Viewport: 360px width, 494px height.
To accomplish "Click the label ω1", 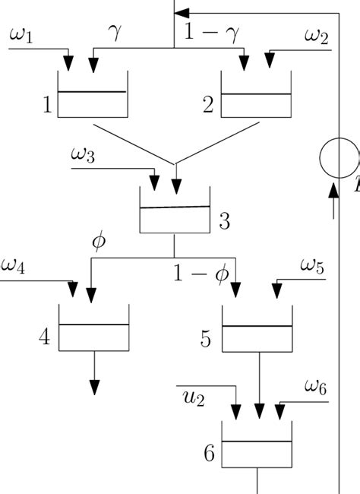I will pos(21,35).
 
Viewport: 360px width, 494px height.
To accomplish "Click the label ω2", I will pos(317,35).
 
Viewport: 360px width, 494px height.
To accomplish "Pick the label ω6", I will pos(316,386).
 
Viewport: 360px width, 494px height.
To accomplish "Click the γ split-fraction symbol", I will pos(115,32).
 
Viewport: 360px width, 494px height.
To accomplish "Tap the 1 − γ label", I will pos(210,32).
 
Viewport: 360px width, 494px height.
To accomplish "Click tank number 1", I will pos(92,95).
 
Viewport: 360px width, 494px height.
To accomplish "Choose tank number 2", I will pos(255,95).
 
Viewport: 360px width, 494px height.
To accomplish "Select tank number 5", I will pos(257,329).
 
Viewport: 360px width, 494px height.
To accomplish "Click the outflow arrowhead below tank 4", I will pos(94,386).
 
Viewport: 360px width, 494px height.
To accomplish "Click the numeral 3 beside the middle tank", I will pos(225,222).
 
